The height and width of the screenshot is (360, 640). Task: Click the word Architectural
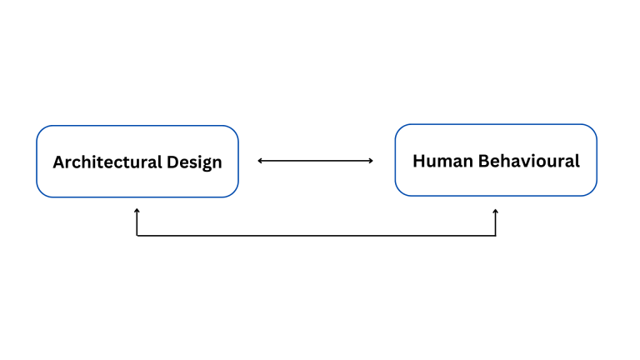[107, 162]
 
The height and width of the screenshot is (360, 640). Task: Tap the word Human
[442, 161]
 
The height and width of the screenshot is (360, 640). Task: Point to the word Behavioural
[529, 161]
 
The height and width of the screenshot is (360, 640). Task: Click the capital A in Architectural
[60, 162]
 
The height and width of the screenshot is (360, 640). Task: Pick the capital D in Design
[172, 162]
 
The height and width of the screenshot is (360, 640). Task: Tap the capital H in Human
[419, 161]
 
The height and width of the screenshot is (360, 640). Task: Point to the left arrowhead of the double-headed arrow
[260, 161]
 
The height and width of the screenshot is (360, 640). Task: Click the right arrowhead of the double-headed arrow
[371, 161]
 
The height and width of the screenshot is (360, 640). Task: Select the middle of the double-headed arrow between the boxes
[316, 161]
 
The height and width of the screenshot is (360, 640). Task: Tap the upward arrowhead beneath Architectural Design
[137, 211]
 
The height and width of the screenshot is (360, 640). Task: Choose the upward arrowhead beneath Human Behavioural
[496, 212]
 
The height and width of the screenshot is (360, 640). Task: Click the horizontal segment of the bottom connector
[317, 236]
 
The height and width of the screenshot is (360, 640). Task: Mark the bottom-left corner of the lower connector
[137, 236]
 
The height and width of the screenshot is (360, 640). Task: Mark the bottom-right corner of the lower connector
[496, 236]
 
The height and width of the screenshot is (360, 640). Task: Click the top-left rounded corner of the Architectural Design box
[42, 131]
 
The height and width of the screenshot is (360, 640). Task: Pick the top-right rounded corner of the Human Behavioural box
[592, 129]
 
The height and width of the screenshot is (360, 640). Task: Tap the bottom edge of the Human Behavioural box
[496, 196]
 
